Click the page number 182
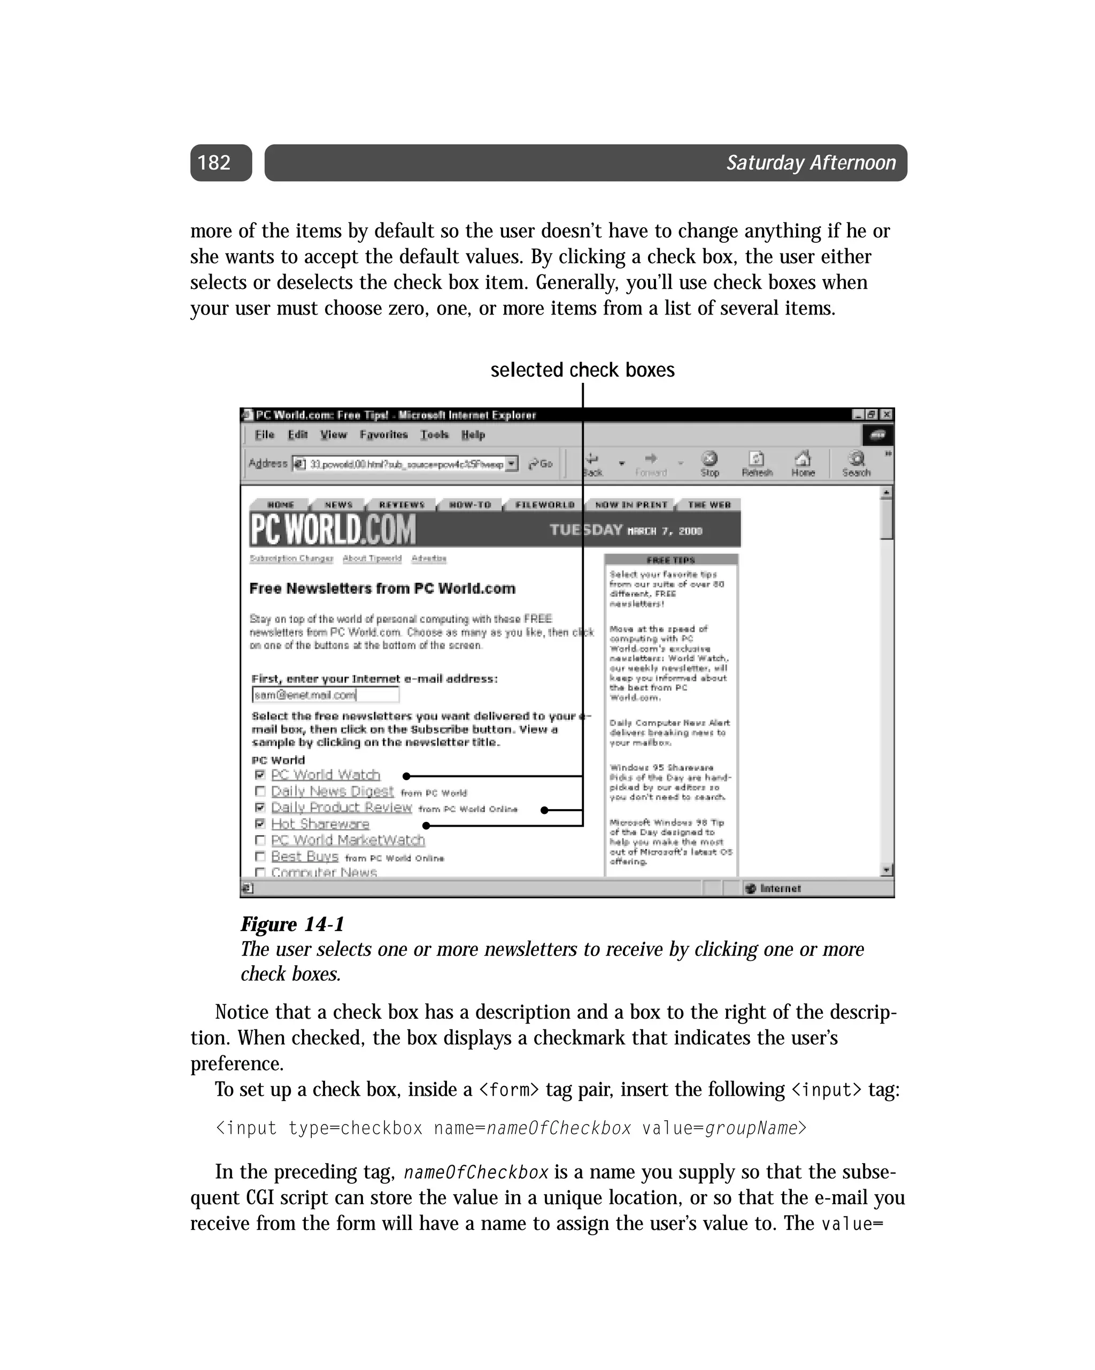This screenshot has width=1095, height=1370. pyautogui.click(x=214, y=163)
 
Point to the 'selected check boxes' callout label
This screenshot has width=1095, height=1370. pyautogui.click(x=582, y=370)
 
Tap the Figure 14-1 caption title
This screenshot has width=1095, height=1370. pyautogui.click(x=292, y=924)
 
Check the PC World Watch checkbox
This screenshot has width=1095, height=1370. pyautogui.click(x=259, y=775)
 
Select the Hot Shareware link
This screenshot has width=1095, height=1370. pyautogui.click(x=320, y=824)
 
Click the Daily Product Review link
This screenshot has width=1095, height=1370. pyautogui.click(x=341, y=807)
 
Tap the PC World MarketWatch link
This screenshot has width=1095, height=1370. pyautogui.click(x=348, y=840)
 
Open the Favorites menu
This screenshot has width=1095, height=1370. pyautogui.click(x=383, y=435)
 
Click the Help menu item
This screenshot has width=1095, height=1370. pyautogui.click(x=473, y=435)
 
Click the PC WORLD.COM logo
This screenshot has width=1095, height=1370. pyautogui.click(x=333, y=529)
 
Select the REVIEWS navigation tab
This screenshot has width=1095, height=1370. pyautogui.click(x=402, y=505)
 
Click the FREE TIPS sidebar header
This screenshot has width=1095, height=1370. pyautogui.click(x=670, y=560)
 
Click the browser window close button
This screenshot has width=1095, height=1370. pyautogui.click(x=886, y=415)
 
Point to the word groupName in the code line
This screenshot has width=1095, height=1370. pyautogui.click(x=751, y=1128)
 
